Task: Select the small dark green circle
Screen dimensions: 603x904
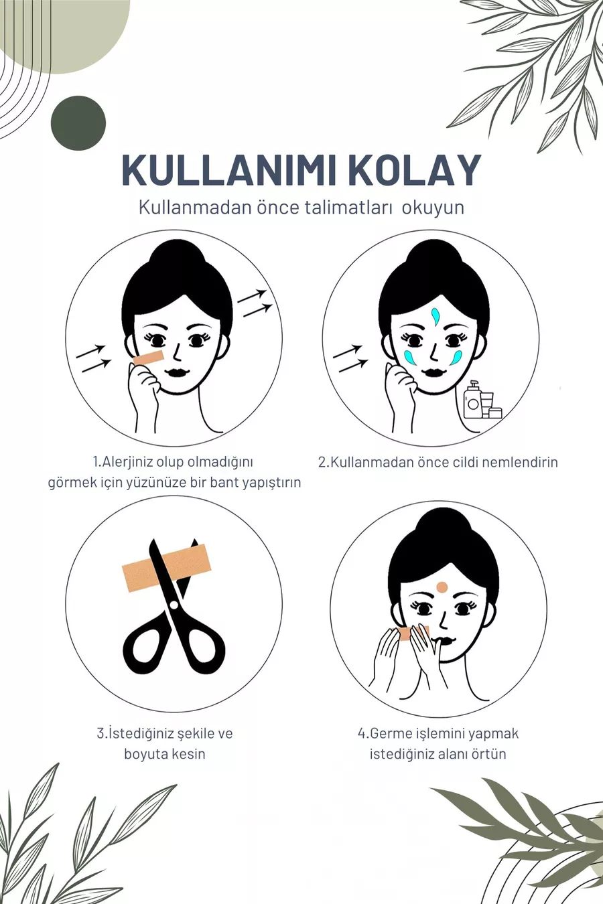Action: click(x=78, y=123)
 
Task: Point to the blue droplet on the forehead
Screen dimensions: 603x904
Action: click(x=435, y=316)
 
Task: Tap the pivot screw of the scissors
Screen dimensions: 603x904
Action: click(x=174, y=605)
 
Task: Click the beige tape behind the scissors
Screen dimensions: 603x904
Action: click(x=166, y=568)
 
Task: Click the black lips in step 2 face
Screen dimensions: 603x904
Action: click(x=433, y=372)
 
